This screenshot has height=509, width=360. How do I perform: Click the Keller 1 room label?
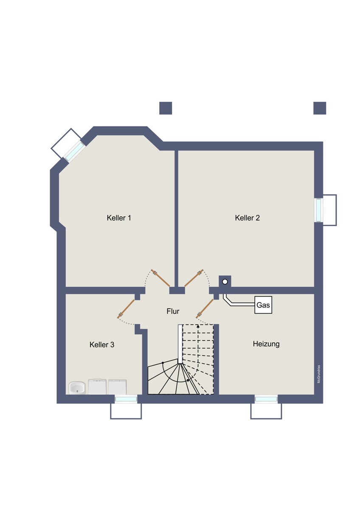pos(119,218)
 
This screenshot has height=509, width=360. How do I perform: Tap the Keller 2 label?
pos(247,218)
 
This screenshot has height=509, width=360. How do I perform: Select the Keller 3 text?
pos(101,344)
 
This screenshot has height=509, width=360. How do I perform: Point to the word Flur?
pos(173,311)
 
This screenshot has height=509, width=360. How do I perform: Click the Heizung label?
pos(266,344)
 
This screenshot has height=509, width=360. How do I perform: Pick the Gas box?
pos(263,305)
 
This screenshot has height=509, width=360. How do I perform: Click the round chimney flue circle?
pos(225,282)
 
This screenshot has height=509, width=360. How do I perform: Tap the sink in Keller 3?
pos(77,387)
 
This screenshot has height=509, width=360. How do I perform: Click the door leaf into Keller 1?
pos(160,278)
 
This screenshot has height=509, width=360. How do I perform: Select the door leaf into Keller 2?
pos(194,278)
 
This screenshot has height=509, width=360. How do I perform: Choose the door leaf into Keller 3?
pos(126,309)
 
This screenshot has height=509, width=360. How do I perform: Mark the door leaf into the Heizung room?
pos(205,309)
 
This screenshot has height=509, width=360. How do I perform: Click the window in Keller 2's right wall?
pos(318,210)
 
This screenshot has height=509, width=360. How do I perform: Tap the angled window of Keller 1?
pos(74,151)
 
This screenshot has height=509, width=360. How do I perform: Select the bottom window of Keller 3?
pos(126,399)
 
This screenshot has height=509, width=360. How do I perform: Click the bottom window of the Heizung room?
pos(266,399)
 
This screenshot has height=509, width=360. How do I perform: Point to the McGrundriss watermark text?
pos(319,374)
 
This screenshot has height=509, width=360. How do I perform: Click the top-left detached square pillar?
pos(166,108)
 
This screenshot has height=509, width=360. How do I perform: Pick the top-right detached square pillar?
pos(320,108)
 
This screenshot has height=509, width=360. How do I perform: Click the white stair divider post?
pos(180,344)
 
